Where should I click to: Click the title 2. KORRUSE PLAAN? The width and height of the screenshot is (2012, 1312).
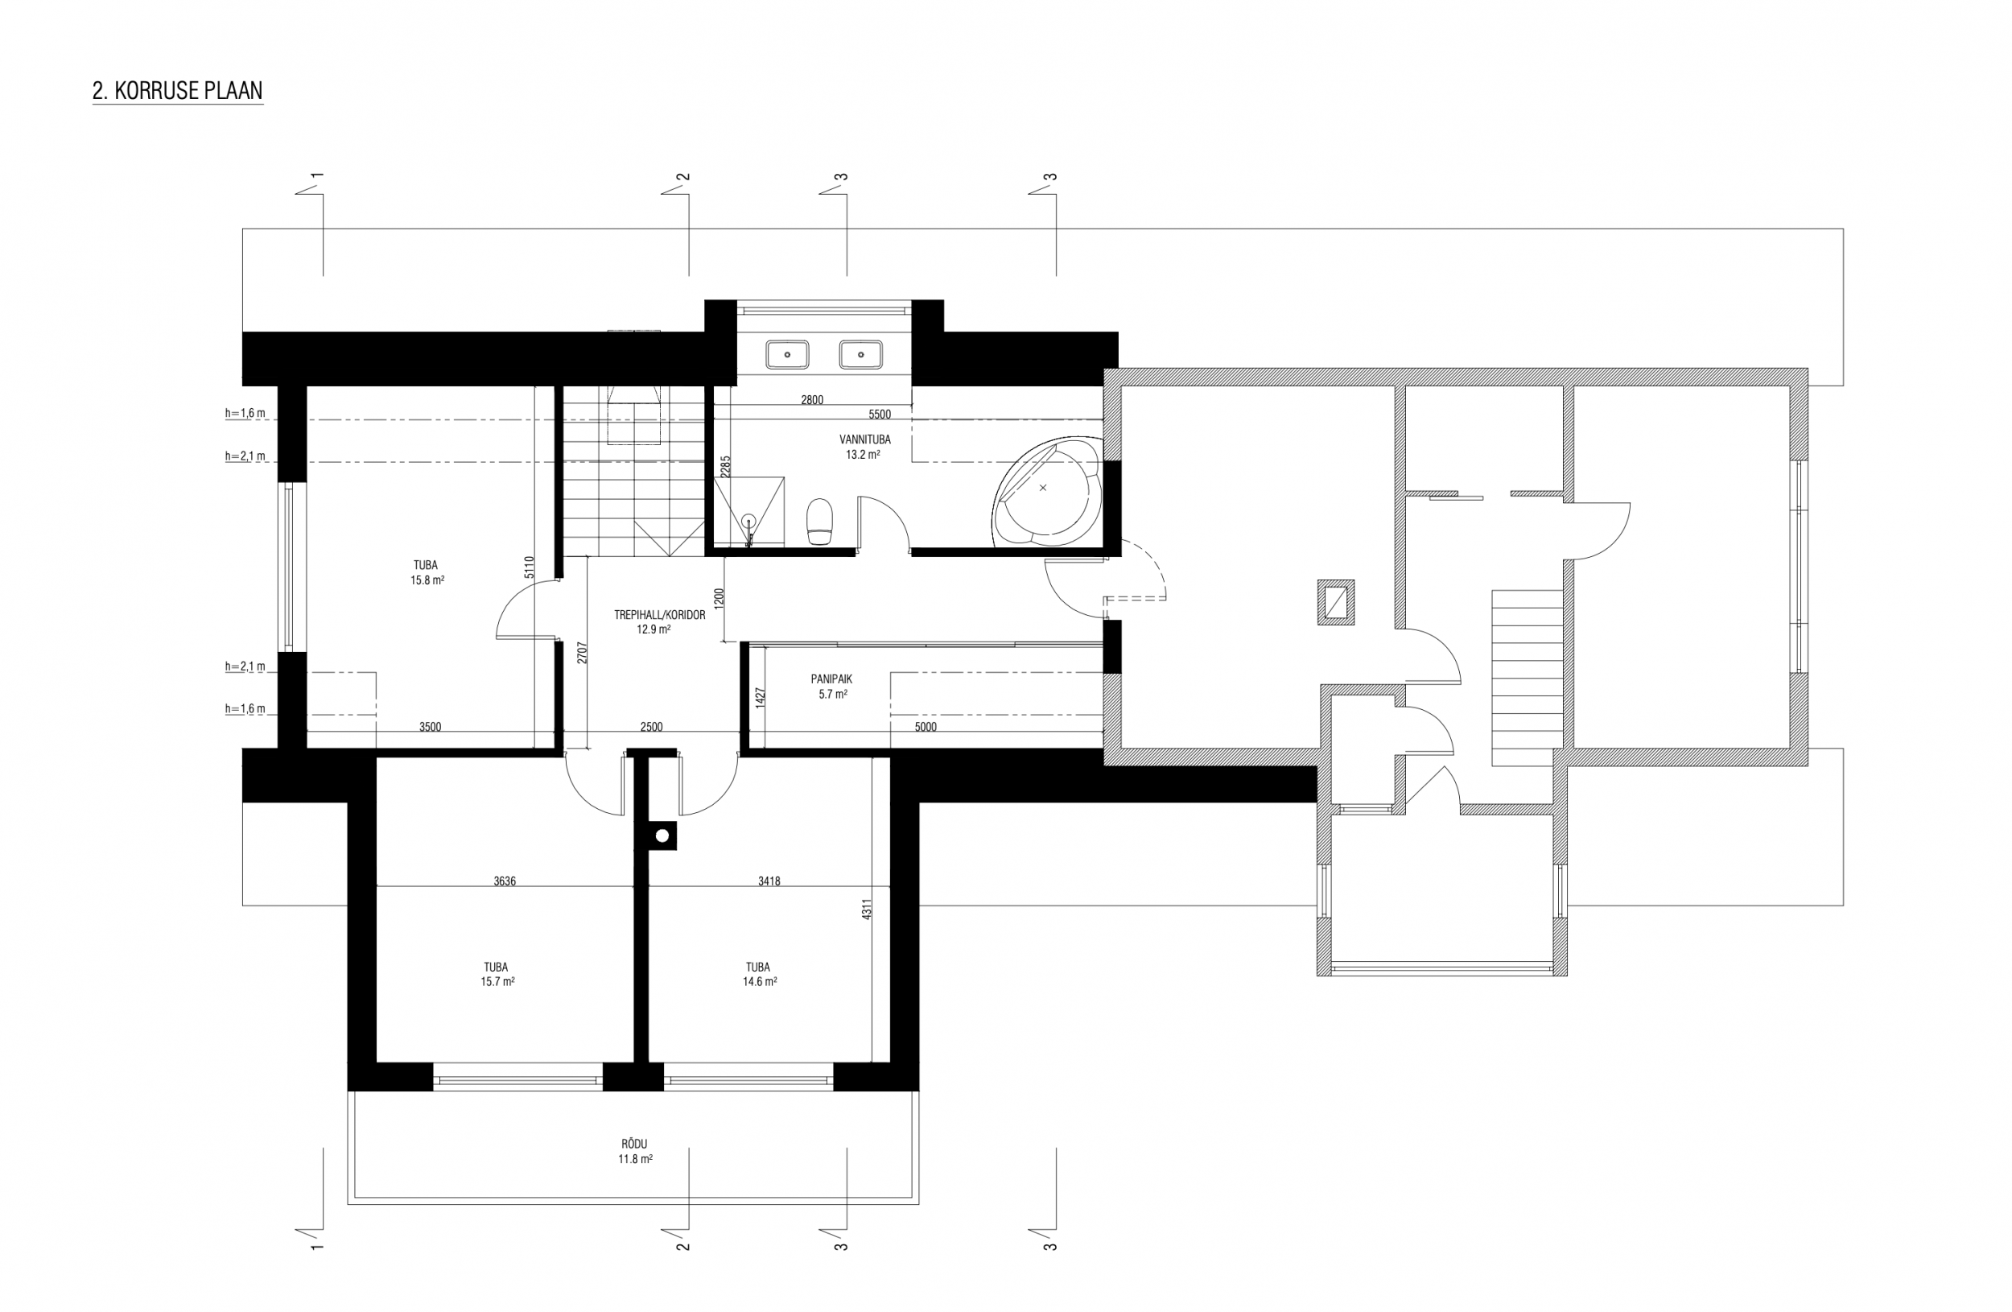[x=178, y=90]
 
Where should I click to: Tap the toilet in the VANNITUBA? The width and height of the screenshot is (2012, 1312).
[x=820, y=521]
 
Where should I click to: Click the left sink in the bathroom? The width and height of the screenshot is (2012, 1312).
[x=787, y=355]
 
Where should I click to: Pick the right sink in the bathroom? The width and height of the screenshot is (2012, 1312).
[x=860, y=355]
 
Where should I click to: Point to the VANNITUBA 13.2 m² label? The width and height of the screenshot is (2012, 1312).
[x=864, y=448]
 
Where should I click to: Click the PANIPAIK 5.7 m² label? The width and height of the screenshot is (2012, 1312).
[x=832, y=687]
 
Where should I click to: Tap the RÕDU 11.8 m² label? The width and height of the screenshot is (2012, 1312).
[x=634, y=1151]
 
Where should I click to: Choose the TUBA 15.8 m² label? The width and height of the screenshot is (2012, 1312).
[x=426, y=573]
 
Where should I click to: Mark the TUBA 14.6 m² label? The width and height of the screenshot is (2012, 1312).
[x=758, y=974]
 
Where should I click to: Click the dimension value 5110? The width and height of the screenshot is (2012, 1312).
[x=530, y=567]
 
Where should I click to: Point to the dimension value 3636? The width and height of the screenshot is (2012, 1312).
[x=505, y=881]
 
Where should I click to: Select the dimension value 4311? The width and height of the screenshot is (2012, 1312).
[x=867, y=910]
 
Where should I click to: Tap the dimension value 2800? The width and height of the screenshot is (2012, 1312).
[x=811, y=400]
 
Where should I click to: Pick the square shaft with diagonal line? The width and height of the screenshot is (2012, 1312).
[x=1336, y=603]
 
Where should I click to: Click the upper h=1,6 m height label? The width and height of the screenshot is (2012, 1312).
[x=245, y=414]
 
